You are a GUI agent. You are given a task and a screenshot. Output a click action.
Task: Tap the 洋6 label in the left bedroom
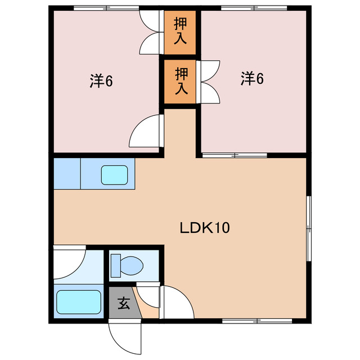[x=102, y=81]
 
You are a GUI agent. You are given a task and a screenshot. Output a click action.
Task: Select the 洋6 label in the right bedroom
[x=253, y=79]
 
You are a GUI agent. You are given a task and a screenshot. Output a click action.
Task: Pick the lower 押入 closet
[x=180, y=80]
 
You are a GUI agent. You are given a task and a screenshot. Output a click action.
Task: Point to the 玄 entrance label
[x=123, y=304]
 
